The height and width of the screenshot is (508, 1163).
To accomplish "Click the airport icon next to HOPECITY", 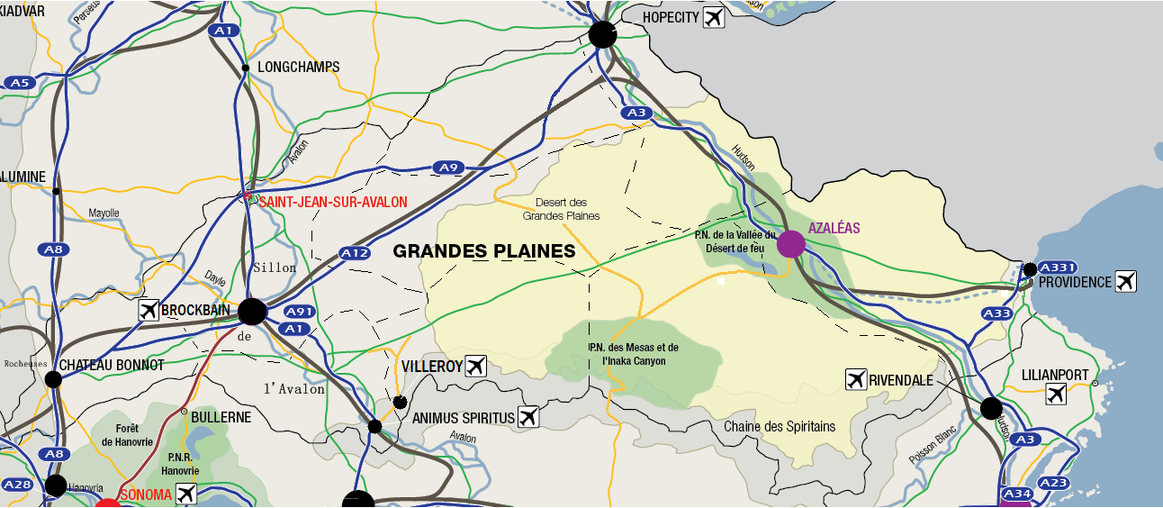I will (714, 17).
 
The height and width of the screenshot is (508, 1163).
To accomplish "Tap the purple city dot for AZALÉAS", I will (790, 244).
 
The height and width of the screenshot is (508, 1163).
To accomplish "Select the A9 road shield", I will (447, 168).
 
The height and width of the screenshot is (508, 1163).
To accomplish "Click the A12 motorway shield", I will (355, 254).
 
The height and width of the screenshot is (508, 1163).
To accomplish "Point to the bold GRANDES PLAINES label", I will (483, 252).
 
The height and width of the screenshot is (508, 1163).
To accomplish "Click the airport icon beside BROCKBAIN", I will (149, 311).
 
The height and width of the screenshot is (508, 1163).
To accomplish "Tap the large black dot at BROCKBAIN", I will (252, 312).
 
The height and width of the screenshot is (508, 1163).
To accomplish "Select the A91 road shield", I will (298, 312).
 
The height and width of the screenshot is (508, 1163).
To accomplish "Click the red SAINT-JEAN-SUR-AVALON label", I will (332, 203).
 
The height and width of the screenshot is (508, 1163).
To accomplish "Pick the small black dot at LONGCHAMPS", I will (245, 68).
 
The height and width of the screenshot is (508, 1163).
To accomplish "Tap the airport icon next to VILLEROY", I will (476, 366).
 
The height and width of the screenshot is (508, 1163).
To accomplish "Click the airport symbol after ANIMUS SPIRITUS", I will (528, 417).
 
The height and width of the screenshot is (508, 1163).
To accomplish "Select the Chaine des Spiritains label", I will (780, 426).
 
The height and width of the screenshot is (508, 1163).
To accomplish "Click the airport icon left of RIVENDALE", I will (856, 380).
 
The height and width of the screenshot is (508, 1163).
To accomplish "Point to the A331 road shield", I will (1058, 268).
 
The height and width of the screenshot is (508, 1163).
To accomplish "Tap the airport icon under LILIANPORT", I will (1057, 394).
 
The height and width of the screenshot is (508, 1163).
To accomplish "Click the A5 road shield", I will (19, 83).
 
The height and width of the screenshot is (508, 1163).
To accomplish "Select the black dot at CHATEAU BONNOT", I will (53, 379).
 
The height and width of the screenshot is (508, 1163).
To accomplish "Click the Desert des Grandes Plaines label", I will (561, 209).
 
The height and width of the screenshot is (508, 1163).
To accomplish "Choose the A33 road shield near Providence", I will (996, 313).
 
